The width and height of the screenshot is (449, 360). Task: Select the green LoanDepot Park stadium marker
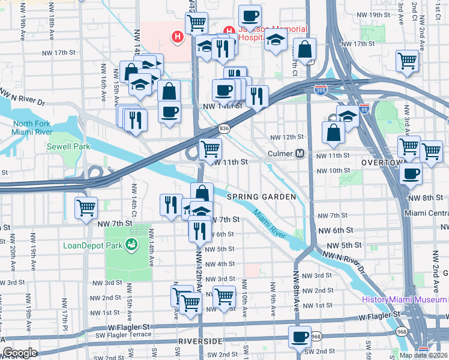(128, 245)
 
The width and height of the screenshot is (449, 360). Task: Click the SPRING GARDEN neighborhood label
(261, 197)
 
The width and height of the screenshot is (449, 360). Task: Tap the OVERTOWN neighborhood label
(381, 163)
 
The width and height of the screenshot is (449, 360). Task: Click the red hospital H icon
(177, 37)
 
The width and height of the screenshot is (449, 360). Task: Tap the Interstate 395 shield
(321, 90)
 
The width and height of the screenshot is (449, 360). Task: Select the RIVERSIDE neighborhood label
(200, 341)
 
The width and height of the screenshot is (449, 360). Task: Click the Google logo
(20, 353)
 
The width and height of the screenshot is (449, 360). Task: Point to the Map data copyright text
(423, 355)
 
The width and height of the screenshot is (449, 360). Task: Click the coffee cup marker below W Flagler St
(300, 337)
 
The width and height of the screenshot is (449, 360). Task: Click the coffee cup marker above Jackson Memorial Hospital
(250, 16)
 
